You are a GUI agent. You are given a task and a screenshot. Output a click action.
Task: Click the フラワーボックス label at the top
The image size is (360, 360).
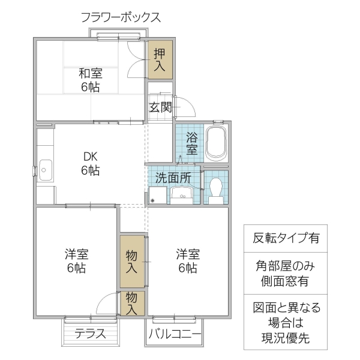tap(121, 17)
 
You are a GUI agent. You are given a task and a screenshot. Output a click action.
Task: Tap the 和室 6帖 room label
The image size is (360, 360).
tap(90, 80)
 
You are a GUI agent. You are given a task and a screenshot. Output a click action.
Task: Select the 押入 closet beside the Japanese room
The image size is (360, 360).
tap(160, 59)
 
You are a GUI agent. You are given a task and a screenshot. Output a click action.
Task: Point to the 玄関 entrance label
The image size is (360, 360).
tap(160, 107)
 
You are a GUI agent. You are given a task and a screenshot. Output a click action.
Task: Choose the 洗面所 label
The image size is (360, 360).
tap(173, 178)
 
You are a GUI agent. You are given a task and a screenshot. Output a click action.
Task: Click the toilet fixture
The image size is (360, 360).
tap(216, 187)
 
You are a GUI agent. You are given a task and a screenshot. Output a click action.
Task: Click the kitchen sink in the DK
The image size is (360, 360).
tap(46, 170)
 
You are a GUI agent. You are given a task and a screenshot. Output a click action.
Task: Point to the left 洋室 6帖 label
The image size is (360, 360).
tap(76, 261)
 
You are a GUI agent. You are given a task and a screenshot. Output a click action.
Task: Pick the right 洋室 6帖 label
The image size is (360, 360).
tap(187, 261)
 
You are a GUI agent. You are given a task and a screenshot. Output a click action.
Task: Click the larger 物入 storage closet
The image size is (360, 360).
tap(132, 261)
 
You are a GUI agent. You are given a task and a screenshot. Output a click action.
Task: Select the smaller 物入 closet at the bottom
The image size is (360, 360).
tap(132, 303)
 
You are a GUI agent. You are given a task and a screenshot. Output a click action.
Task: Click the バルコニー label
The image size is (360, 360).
tap(173, 334)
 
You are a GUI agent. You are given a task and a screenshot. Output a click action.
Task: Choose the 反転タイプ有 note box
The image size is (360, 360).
tap(285, 238)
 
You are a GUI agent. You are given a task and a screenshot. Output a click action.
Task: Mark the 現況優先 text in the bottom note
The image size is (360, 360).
tap(285, 338)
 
